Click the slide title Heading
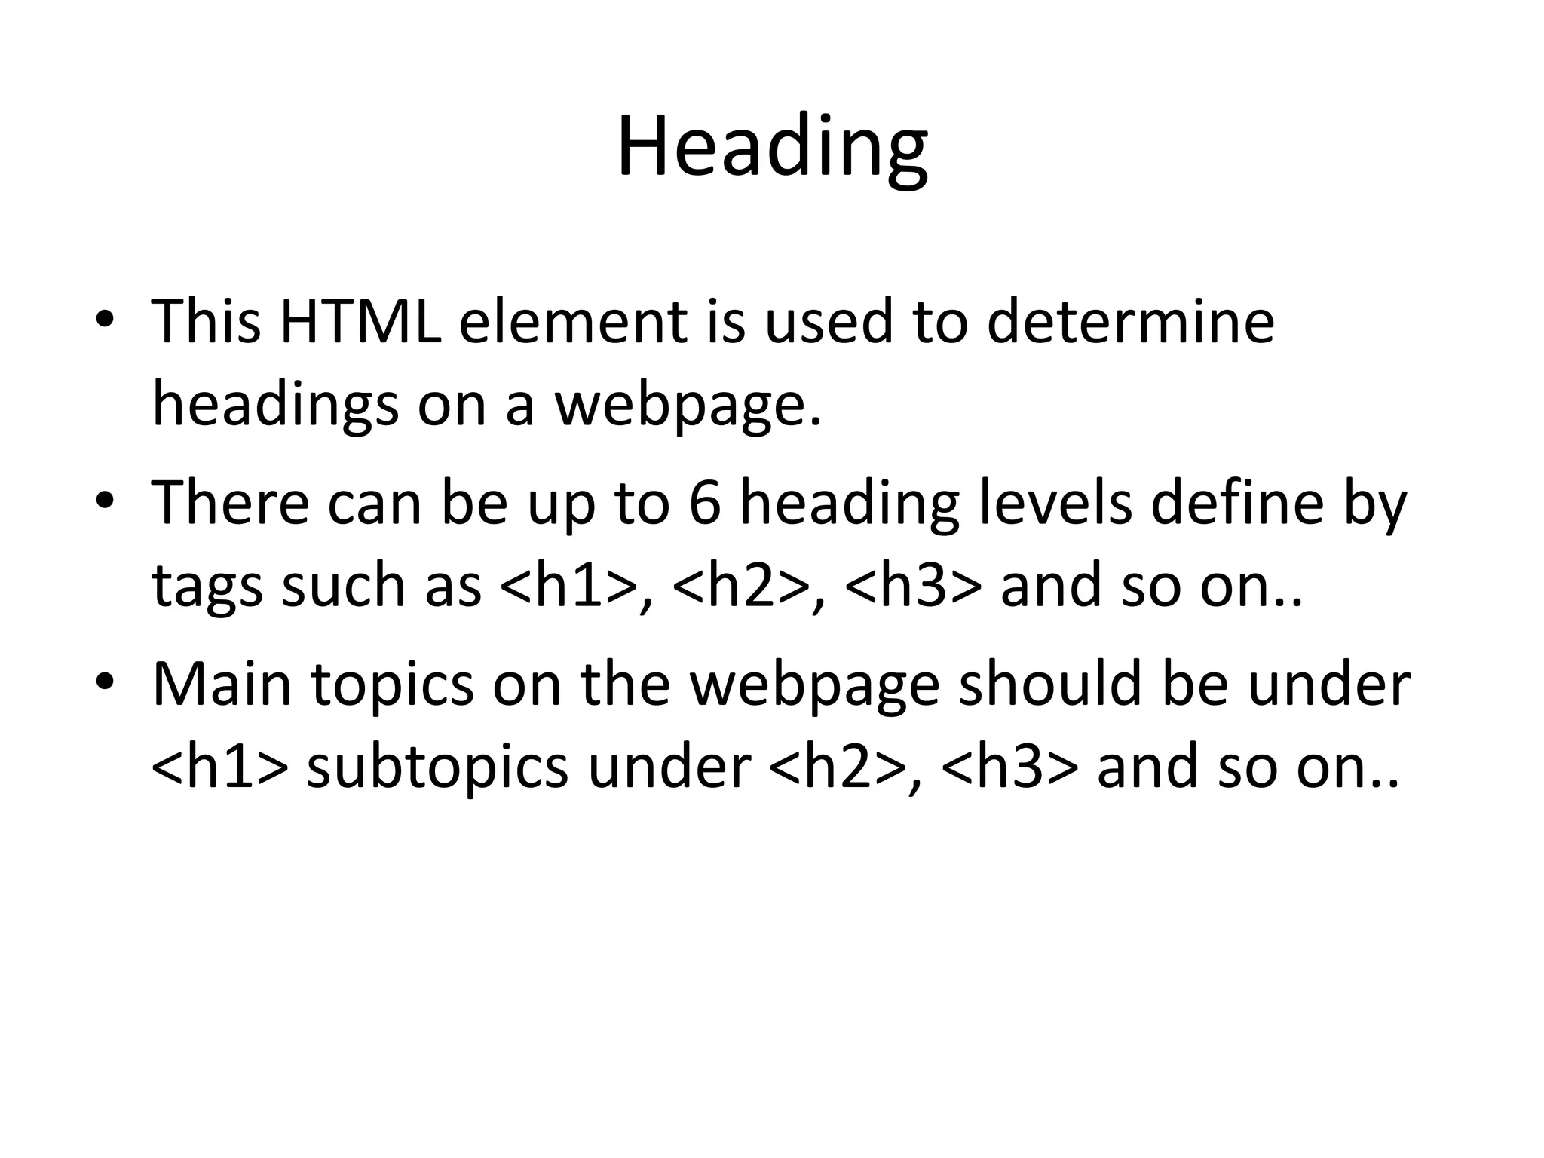click(x=772, y=146)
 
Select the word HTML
click(x=360, y=322)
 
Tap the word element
click(x=572, y=322)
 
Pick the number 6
click(x=704, y=503)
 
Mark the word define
click(x=1237, y=503)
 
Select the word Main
click(x=222, y=685)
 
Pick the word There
click(x=230, y=503)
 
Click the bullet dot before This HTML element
click(x=105, y=321)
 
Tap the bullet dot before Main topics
click(x=105, y=684)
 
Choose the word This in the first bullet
click(x=207, y=322)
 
